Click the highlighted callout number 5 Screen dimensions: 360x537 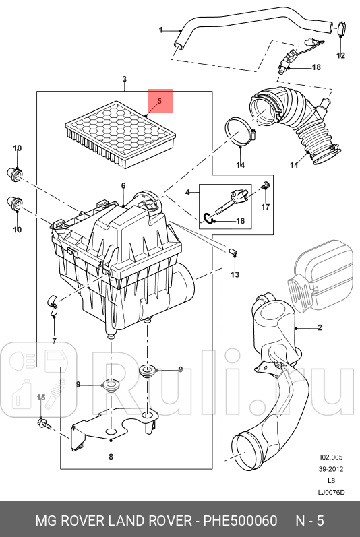click(159, 101)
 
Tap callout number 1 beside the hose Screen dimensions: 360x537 click(160, 30)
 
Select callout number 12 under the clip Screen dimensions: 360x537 click(340, 55)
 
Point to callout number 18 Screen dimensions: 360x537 click(316, 67)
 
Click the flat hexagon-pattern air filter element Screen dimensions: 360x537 click(121, 134)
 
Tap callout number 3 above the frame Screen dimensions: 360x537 click(124, 79)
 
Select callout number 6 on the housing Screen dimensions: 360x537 click(123, 186)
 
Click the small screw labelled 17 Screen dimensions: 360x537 click(266, 185)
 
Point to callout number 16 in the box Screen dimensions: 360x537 click(241, 221)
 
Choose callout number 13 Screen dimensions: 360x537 click(235, 274)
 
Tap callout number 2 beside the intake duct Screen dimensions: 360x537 click(320, 327)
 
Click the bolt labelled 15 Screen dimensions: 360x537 click(44, 424)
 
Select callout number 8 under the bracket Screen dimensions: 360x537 click(111, 456)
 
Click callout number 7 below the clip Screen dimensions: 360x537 click(54, 341)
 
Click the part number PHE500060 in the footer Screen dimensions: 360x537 click(241, 521)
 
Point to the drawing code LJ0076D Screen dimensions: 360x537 click(331, 492)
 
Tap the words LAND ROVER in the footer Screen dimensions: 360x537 click(150, 521)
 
